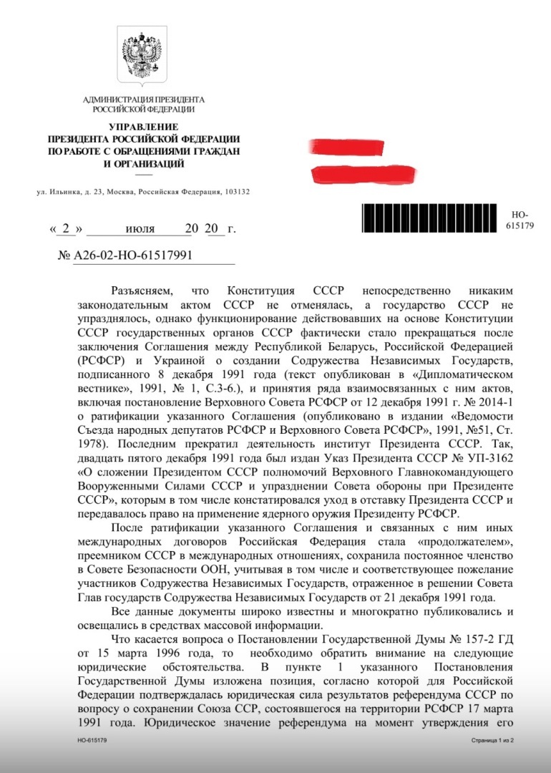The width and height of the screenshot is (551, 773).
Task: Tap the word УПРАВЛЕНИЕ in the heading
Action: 143,127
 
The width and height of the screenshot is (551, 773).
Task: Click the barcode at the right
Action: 430,219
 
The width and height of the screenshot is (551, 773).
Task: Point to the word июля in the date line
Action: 140,230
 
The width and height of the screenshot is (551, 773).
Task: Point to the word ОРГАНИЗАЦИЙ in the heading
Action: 151,163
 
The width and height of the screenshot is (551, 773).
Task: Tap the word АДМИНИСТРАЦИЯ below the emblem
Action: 114,99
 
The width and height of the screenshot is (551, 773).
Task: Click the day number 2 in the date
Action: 66,230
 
